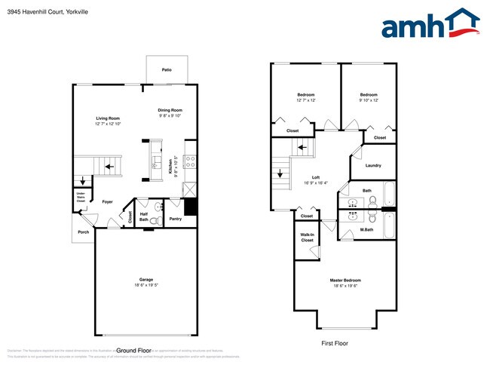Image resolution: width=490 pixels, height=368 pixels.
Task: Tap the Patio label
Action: (167, 70)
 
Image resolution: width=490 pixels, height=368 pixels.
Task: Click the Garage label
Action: (146, 280)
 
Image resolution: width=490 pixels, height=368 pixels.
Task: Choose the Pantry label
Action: (175, 219)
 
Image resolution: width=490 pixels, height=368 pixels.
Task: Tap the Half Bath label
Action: (144, 216)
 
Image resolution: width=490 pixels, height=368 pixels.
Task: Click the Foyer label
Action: (108, 201)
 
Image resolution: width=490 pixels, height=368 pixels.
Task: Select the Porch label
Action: (83, 232)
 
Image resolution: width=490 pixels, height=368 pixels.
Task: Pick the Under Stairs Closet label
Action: (81, 198)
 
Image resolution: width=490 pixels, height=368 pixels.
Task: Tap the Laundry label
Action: (372, 165)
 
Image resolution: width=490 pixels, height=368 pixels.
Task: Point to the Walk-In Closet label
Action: (307, 238)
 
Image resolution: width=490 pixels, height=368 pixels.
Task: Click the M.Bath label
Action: (366, 229)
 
